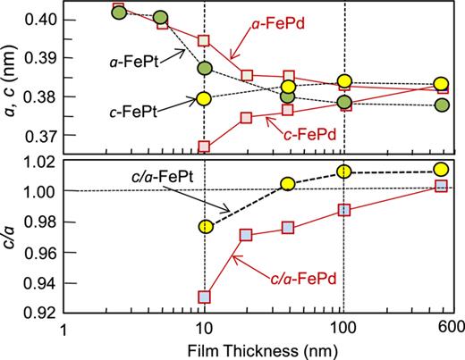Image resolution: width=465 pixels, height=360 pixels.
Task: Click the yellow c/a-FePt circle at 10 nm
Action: (205, 227)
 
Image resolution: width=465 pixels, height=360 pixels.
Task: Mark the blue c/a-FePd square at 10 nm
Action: (205, 297)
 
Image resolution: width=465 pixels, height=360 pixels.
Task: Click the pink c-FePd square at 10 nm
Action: (205, 146)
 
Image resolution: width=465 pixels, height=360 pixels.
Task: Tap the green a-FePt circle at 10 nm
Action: (205, 68)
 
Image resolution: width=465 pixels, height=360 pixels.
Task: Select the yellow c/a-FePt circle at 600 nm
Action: (440, 170)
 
